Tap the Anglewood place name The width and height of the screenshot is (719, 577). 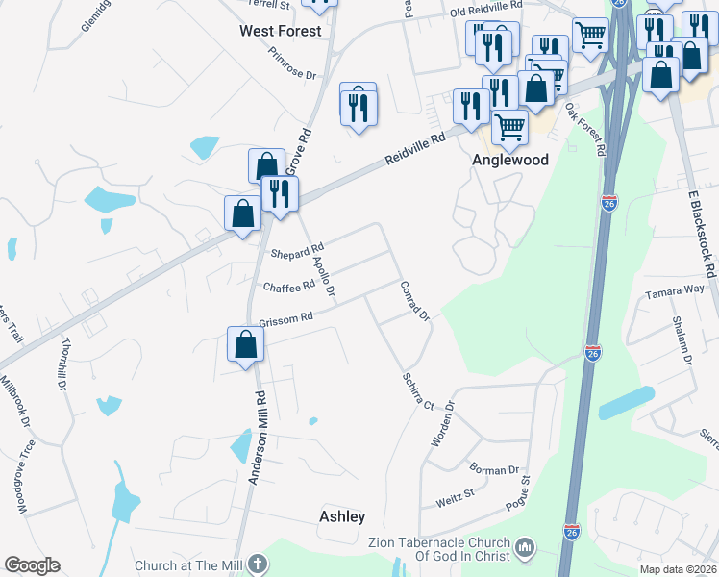tap(509, 161)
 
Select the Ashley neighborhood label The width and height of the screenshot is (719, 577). tap(342, 516)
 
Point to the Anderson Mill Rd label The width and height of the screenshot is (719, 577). tap(257, 438)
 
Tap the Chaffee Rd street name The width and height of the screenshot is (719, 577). tap(288, 287)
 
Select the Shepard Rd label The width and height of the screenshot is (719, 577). tap(297, 253)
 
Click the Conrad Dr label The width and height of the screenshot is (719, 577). tap(414, 301)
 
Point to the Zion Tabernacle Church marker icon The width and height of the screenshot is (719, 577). tap(525, 547)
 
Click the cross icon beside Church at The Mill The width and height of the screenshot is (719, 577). tap(256, 564)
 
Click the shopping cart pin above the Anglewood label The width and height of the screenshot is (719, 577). tap(509, 126)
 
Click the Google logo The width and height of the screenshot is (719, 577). tap(32, 565)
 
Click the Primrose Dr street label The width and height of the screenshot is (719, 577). tap(292, 64)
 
